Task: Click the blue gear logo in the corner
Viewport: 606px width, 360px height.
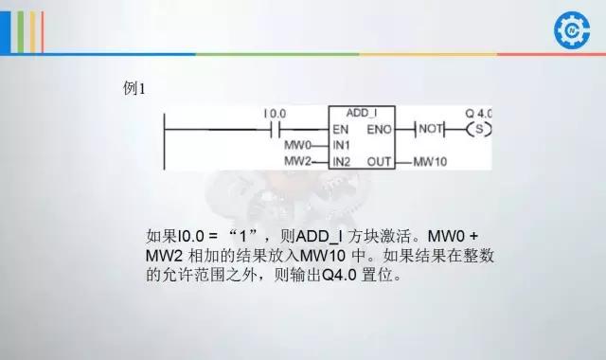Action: click(x=571, y=29)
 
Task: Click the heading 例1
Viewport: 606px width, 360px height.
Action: click(x=134, y=89)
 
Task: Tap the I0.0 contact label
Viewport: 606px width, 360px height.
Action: click(x=276, y=114)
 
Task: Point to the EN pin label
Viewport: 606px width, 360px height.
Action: click(x=341, y=128)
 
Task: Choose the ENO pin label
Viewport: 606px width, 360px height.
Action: click(x=379, y=128)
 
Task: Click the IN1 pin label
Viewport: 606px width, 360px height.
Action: click(x=342, y=145)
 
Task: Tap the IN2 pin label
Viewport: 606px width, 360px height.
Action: click(x=342, y=162)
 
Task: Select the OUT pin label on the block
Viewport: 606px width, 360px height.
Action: click(x=380, y=162)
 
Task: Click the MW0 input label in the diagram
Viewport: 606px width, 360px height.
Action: click(x=297, y=145)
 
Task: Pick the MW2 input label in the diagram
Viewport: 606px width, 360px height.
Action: click(x=297, y=162)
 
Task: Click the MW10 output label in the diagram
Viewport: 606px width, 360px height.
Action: click(x=430, y=162)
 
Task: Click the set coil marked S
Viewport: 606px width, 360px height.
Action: click(x=481, y=128)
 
